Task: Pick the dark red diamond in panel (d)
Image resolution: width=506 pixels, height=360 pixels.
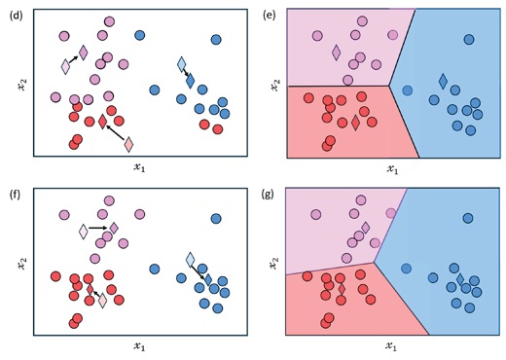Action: (102, 122)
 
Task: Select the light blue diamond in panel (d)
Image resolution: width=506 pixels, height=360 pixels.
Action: (182, 65)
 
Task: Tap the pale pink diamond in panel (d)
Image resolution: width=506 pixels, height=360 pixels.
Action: (66, 67)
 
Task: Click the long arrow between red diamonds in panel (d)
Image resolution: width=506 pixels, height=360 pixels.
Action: (116, 133)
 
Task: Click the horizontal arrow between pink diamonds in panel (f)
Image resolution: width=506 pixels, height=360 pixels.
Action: (96, 229)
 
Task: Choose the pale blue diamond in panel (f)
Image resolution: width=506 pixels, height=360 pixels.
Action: (191, 261)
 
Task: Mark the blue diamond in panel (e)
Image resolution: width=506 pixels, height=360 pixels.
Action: (443, 80)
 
